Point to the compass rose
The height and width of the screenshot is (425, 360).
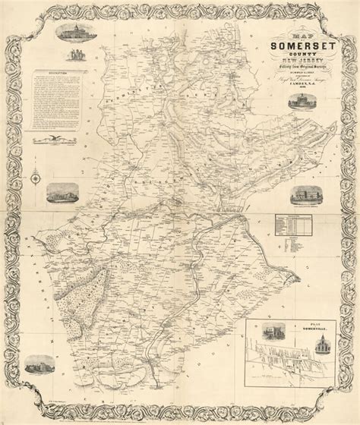click(36, 178)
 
